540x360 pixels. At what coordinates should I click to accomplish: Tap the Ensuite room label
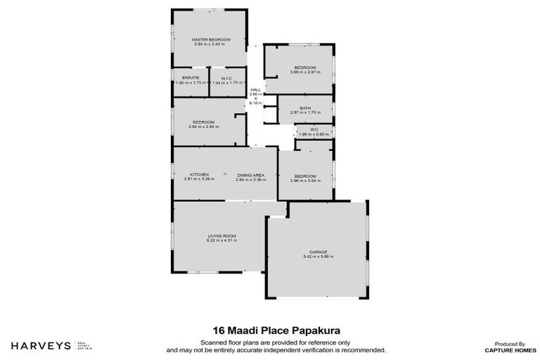pos(191,77)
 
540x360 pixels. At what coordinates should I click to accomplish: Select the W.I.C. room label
pos(227,77)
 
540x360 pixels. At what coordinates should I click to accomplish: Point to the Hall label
pos(256,89)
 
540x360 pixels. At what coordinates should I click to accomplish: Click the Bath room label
pos(305,108)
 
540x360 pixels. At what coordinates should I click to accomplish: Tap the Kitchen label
pos(199,174)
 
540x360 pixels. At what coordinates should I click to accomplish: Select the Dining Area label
pos(250,174)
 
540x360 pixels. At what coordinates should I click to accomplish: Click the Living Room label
pos(221,236)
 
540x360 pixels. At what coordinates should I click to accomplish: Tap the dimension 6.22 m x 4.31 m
pos(221,240)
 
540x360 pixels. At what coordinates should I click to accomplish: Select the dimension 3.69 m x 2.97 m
pos(305,72)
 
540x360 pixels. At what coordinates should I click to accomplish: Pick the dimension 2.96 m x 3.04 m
pos(305,181)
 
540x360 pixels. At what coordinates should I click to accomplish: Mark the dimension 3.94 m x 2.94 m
pos(204,127)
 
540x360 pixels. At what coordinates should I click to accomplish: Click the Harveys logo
pos(41,345)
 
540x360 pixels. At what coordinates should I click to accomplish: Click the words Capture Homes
pos(505,349)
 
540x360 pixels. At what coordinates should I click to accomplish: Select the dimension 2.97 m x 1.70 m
pos(305,112)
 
